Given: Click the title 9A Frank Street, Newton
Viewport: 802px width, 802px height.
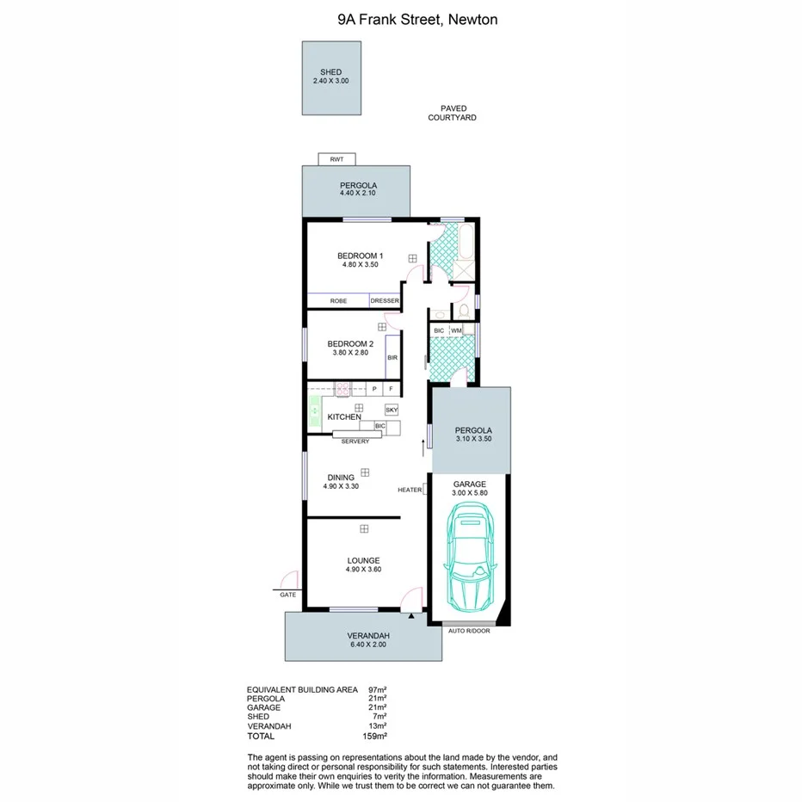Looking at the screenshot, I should point(401,18).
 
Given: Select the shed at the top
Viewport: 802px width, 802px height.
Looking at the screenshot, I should point(331,77).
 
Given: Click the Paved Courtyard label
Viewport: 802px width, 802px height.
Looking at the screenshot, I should point(453,113).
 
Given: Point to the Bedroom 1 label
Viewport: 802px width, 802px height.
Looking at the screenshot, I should point(359,256).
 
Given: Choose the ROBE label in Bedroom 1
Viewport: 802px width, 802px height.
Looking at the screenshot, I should point(339,300).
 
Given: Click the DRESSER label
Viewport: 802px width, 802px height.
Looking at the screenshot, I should point(385,300).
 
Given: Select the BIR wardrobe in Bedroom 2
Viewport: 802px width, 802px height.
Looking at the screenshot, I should point(392,357).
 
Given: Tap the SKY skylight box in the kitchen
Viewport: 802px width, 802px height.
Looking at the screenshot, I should point(392,410).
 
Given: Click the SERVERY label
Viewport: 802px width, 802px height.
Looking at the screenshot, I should point(355,441).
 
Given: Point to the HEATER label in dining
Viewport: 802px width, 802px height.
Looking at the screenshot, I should point(410,490).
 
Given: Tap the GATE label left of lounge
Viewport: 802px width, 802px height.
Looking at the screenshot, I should point(287,595).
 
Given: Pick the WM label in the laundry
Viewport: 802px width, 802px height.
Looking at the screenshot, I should point(456,330).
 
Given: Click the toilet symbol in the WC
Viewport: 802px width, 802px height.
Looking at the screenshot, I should point(463,310).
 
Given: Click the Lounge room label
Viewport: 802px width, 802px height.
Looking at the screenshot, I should point(363,560).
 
